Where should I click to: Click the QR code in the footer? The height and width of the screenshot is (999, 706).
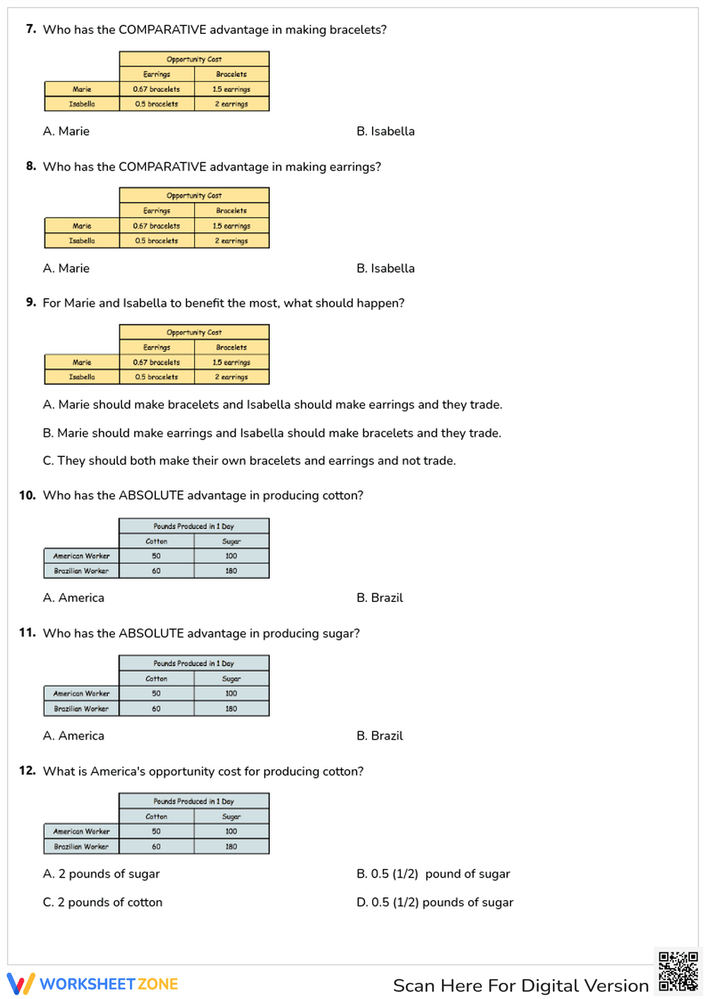[x=678, y=971]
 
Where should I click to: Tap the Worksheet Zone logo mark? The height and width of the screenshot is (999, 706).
[x=20, y=983]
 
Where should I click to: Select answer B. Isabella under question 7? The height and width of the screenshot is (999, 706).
[x=385, y=131]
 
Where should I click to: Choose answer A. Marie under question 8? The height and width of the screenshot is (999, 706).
[x=66, y=268]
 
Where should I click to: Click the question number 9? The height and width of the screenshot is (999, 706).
[x=31, y=302]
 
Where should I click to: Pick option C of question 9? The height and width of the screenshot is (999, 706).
[x=249, y=461]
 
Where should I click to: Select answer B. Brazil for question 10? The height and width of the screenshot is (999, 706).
[x=380, y=598]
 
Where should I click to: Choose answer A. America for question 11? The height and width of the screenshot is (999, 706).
[x=73, y=735]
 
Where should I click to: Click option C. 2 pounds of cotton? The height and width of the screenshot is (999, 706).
[x=103, y=902]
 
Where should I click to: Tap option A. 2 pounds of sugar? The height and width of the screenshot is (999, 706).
[x=102, y=874]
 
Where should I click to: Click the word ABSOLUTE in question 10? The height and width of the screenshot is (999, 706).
[x=152, y=495]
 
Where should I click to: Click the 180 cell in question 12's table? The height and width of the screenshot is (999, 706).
[x=232, y=846]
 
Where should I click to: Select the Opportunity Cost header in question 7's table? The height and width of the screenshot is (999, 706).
[x=194, y=59]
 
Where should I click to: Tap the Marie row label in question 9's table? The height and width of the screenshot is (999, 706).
[x=82, y=362]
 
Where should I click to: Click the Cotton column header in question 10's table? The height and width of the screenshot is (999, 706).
[x=157, y=541]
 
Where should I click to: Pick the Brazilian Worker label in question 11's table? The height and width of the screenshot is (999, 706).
[x=82, y=709]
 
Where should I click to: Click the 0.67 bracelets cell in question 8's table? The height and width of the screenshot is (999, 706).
[x=157, y=226]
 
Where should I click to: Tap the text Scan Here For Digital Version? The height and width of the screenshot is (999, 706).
[x=520, y=986]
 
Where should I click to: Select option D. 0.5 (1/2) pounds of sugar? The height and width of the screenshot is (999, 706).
[x=435, y=902]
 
